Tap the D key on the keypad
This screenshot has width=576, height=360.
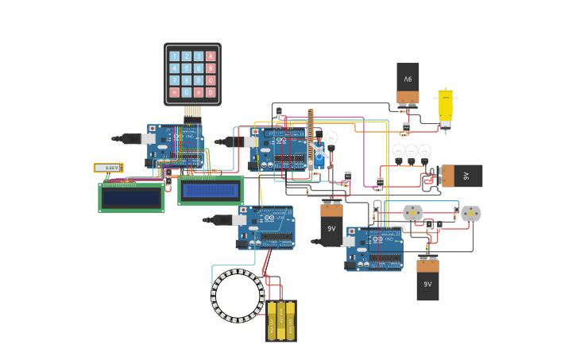211,92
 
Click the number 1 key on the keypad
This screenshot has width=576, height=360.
174,56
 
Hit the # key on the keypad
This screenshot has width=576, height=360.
199,92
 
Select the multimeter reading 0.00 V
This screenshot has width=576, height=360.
108,168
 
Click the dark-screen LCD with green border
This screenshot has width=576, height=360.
131,198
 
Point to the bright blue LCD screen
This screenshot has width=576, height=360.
210,191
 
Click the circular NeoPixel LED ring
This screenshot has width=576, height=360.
238,296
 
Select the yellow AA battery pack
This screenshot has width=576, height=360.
280,320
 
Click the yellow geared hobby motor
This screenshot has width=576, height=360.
446,107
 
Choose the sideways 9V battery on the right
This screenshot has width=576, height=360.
461,176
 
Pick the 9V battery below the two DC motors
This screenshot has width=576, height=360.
427,279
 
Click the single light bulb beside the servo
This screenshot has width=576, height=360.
331,140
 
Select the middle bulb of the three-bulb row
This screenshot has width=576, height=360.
412,152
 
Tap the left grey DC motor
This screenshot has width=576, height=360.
412,213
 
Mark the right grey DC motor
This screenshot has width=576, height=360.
471,214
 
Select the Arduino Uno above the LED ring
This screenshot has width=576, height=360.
265,227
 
